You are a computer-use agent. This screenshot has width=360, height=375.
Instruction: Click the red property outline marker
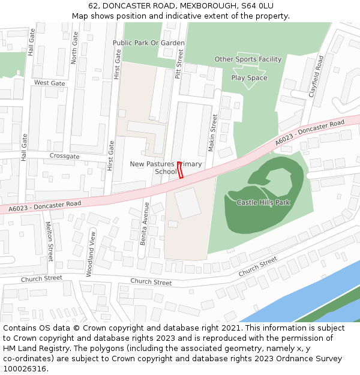point(179,170)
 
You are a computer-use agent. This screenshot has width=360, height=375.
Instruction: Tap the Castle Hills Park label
point(263,202)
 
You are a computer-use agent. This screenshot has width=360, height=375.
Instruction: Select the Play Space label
point(249,78)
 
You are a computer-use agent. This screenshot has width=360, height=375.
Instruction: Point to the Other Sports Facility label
point(248,59)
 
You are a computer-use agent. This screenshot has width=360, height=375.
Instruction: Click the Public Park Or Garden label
point(149,43)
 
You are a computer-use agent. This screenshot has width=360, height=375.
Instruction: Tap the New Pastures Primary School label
point(166,167)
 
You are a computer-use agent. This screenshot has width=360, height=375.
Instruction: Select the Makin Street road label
point(213,132)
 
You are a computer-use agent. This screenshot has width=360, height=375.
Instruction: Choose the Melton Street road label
point(50,241)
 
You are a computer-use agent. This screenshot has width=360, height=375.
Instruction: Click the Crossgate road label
point(64,156)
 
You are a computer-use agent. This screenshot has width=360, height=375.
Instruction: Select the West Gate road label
point(49,83)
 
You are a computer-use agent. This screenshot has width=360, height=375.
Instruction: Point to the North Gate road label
point(74,48)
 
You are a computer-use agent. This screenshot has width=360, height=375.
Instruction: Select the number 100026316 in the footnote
point(25,368)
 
